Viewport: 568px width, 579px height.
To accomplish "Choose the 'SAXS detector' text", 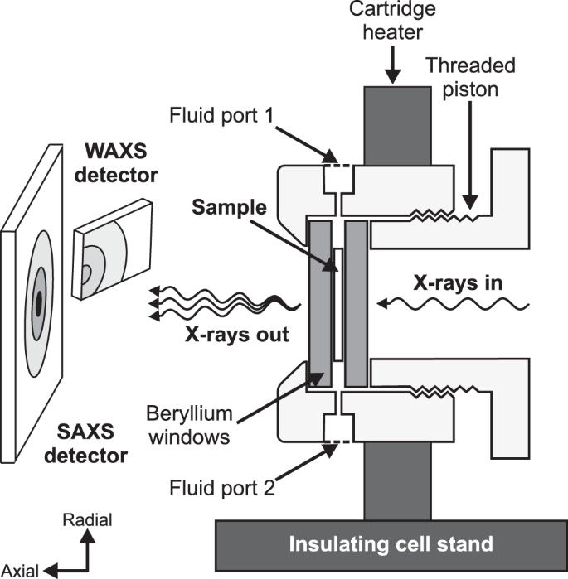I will pyautogui.click(x=92, y=442).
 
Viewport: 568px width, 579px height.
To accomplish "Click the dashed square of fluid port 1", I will pyautogui.click(x=337, y=176).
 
